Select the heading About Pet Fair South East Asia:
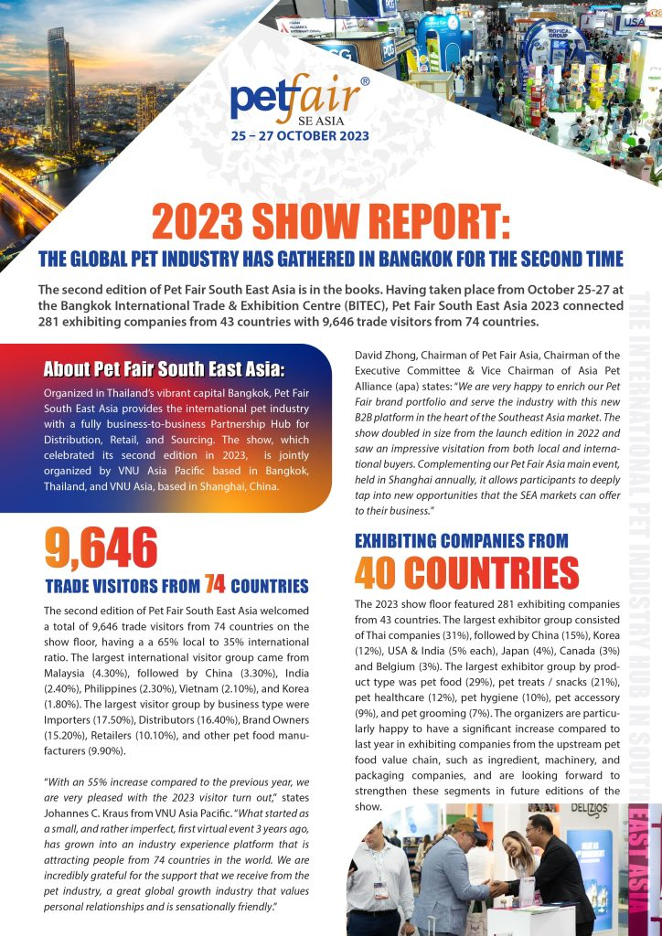click(165, 369)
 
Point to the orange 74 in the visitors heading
click(215, 584)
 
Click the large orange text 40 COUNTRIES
click(466, 573)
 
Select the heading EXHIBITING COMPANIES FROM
click(461, 540)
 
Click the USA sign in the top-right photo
click(633, 22)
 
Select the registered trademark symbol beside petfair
click(365, 81)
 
